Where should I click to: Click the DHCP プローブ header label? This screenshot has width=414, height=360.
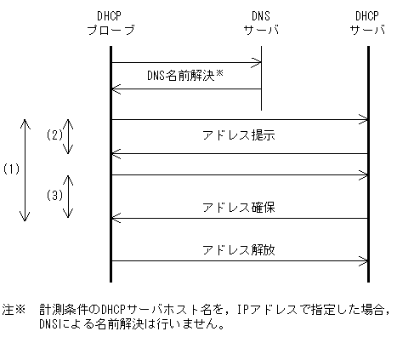pos(111,24)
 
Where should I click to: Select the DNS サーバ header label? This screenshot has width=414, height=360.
pos(260,24)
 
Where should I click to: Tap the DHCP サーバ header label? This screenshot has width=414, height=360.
pos(368,24)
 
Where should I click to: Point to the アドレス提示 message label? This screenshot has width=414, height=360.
pos(239,135)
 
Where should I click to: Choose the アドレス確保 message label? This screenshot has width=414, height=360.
pos(239,207)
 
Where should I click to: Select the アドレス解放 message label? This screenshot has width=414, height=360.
pos(239,250)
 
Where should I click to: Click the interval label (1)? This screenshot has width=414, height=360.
pos(11,169)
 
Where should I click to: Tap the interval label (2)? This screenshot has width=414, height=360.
pos(54,135)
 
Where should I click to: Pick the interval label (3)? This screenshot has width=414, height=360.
pos(54,195)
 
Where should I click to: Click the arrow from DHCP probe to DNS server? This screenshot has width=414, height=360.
pos(185,61)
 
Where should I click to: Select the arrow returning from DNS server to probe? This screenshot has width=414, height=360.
pos(185,89)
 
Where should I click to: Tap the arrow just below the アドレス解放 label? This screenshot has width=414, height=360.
pos(240,261)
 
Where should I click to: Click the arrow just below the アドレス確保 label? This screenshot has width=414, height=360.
pos(240,219)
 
